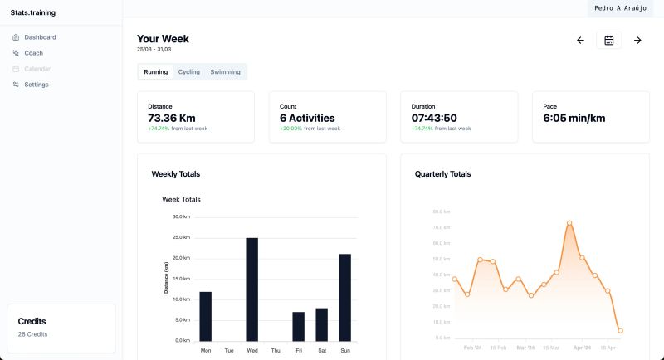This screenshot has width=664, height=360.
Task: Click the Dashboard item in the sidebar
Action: pyautogui.click(x=40, y=37)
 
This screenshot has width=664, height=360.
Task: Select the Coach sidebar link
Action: pyautogui.click(x=33, y=53)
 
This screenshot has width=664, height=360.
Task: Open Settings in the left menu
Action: pyautogui.click(x=36, y=85)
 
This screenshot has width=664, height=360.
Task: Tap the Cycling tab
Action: pyautogui.click(x=189, y=72)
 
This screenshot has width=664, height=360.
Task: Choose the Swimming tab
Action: pyautogui.click(x=225, y=72)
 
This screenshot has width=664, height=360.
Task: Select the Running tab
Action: pyautogui.click(x=156, y=72)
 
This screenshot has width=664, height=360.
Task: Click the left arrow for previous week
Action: pyautogui.click(x=580, y=41)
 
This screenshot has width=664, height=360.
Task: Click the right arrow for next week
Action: pyautogui.click(x=637, y=41)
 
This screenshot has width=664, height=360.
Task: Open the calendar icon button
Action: pyautogui.click(x=608, y=41)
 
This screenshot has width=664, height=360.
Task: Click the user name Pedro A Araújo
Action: pyautogui.click(x=619, y=7)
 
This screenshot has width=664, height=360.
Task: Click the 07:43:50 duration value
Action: pyautogui.click(x=434, y=118)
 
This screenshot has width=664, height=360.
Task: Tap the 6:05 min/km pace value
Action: pyautogui.click(x=574, y=118)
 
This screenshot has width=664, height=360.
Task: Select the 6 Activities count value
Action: pyautogui.click(x=307, y=118)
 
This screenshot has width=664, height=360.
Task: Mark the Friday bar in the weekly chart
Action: pyautogui.click(x=298, y=326)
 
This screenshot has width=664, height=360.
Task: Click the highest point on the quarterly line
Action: pyautogui.click(x=569, y=223)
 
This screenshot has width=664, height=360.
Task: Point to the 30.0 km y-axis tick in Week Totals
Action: pyautogui.click(x=181, y=216)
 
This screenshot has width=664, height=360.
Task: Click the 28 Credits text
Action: pyautogui.click(x=33, y=334)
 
